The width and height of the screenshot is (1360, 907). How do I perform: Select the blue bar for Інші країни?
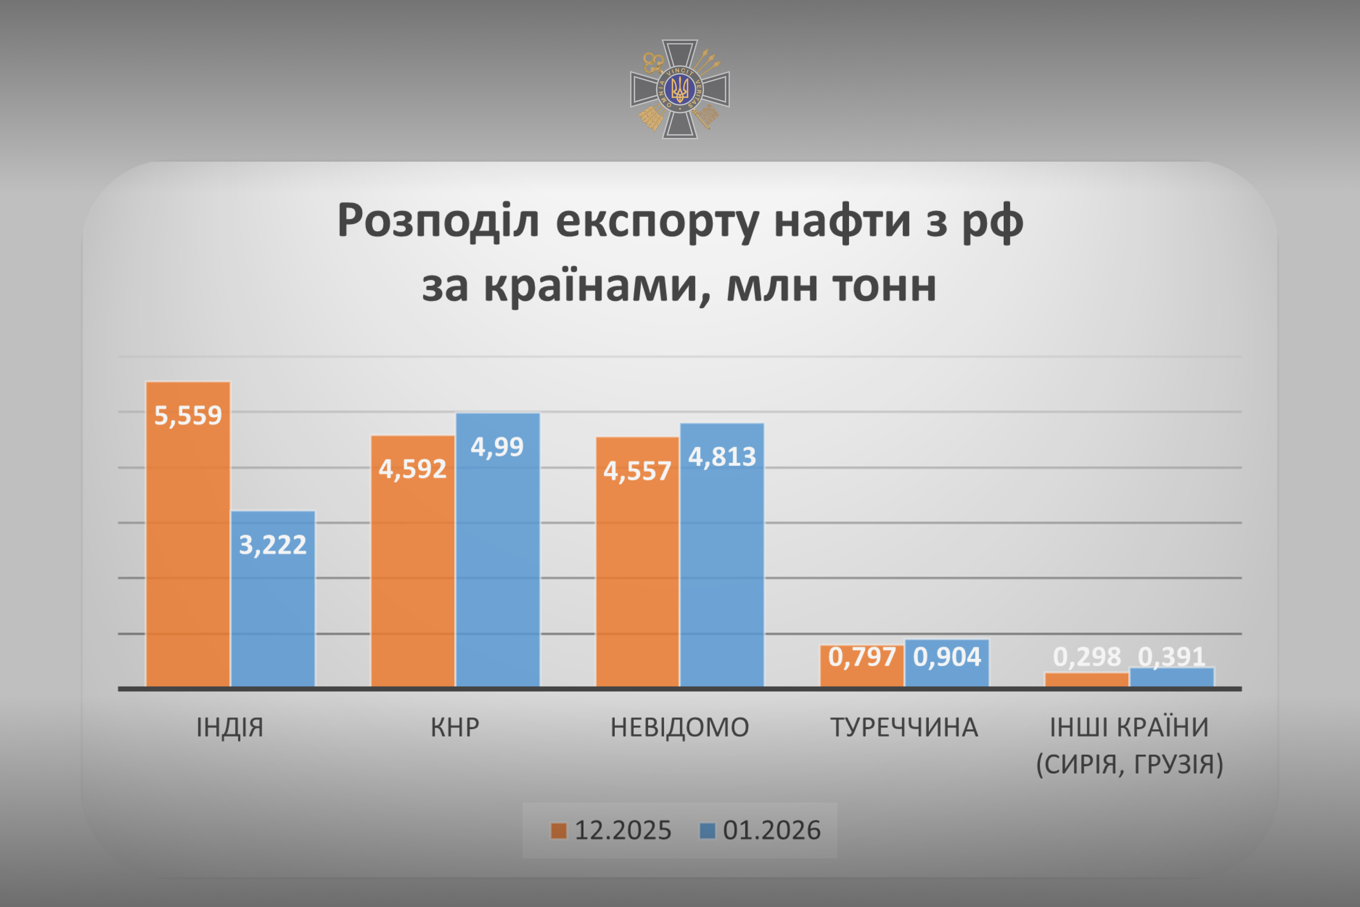(x=1171, y=678)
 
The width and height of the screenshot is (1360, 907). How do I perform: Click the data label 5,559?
(x=188, y=415)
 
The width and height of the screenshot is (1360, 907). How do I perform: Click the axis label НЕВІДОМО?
(x=680, y=727)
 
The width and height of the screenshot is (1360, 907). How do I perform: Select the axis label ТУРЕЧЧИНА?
(x=904, y=727)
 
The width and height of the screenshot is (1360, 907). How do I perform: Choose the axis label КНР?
(x=455, y=727)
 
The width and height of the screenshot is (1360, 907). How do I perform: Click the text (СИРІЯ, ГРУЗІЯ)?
(x=1129, y=764)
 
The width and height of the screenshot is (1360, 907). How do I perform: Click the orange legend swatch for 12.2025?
(x=559, y=831)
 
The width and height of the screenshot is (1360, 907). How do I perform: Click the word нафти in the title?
(x=842, y=221)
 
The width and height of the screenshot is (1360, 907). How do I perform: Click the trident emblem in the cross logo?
(x=680, y=89)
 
